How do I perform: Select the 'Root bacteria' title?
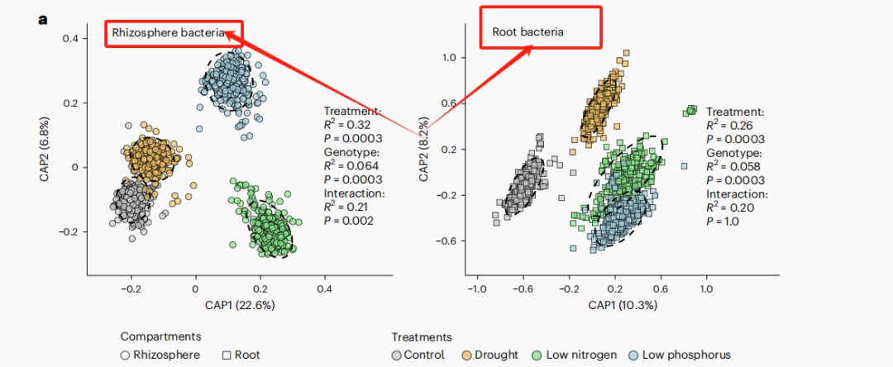click(x=528, y=32)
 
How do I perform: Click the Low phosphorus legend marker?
click(x=634, y=355)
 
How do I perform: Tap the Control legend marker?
click(x=398, y=355)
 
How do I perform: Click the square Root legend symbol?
click(x=227, y=355)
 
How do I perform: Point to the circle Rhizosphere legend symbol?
click(x=125, y=355)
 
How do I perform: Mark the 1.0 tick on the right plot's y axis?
click(x=447, y=57)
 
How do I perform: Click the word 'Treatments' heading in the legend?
click(x=422, y=337)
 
